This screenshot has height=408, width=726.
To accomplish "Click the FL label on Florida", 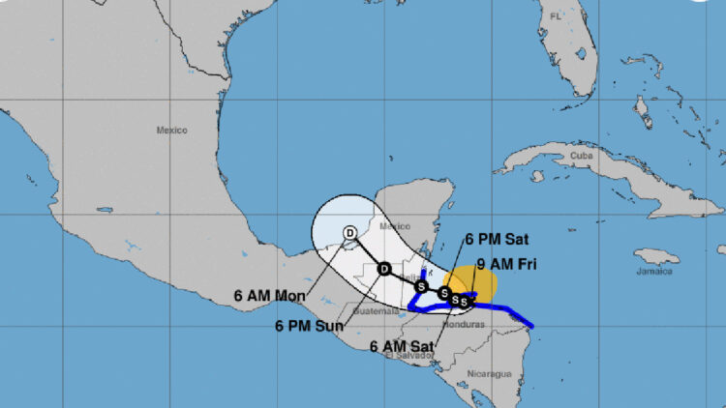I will click(x=555, y=16).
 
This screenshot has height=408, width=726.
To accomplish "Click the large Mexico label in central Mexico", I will click(x=170, y=130).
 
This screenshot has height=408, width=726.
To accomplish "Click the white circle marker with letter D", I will click(x=350, y=231).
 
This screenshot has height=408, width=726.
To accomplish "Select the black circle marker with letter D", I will click(x=383, y=269).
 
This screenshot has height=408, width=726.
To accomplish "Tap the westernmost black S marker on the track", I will click(x=421, y=286).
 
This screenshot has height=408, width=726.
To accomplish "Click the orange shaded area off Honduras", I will click(x=478, y=281).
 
